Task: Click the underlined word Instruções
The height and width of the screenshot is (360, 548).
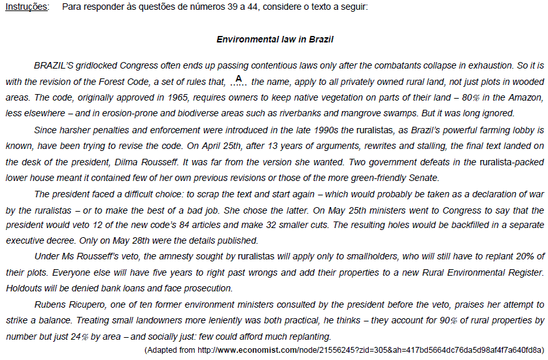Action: tap(26, 7)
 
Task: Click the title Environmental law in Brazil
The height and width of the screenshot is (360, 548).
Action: tap(275, 39)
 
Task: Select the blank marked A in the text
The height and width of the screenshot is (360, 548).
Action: tap(239, 81)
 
